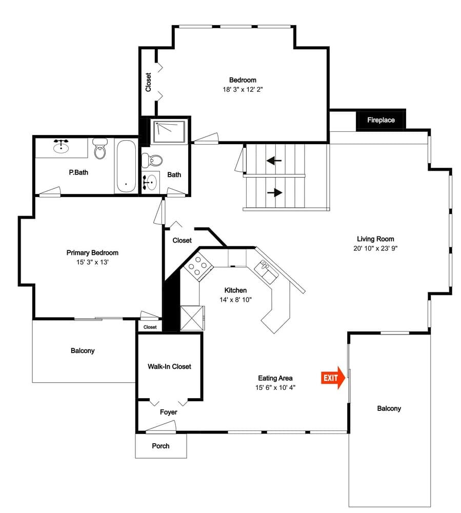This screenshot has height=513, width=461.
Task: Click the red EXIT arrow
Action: [333, 378]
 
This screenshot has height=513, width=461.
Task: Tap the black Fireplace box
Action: [381, 120]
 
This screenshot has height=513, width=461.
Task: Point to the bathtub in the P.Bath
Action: [126, 166]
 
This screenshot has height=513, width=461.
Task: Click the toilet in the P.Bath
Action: [99, 149]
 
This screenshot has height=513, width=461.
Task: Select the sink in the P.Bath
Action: [61, 147]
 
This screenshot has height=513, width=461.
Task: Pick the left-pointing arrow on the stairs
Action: [274, 161]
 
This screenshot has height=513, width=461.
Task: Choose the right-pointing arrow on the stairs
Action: [275, 193]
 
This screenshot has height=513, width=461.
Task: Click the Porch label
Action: [161, 446]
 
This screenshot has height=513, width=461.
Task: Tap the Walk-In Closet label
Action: [169, 366]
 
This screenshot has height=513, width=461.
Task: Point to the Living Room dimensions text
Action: [375, 248]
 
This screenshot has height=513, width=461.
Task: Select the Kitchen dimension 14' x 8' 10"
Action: [235, 300]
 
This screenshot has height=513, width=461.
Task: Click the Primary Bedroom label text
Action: [92, 252]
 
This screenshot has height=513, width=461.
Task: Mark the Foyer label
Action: [168, 412]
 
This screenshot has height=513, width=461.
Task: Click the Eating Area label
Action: [275, 378]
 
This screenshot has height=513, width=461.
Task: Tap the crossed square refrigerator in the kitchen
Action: [192, 318]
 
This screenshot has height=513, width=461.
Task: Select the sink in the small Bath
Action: [150, 181]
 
